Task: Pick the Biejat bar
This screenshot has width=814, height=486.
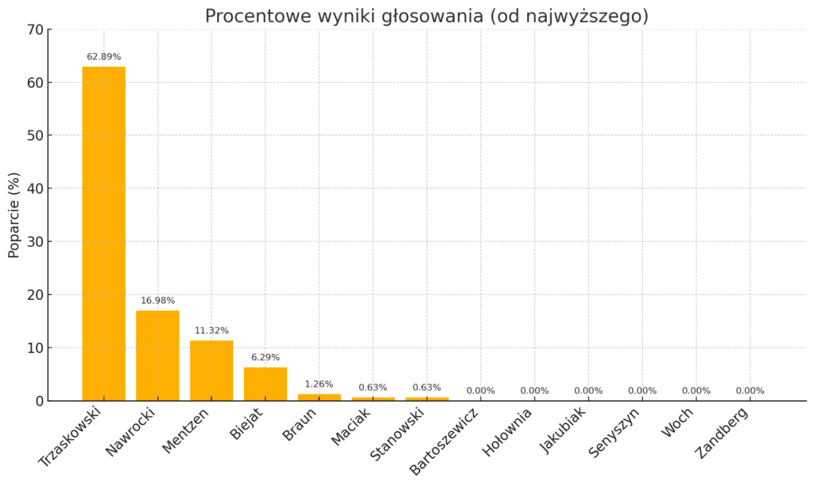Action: [x=266, y=384]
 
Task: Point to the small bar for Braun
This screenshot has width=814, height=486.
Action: [x=320, y=397]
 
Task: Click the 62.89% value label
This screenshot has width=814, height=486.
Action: [x=103, y=56]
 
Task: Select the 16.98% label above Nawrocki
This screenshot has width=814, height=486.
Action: [x=157, y=301]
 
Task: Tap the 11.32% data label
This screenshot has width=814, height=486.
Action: [x=211, y=331]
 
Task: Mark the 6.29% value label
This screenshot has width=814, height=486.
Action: [x=266, y=357]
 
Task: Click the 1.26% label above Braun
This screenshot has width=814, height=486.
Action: [x=320, y=384]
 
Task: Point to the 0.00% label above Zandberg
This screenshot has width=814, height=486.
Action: [x=750, y=391]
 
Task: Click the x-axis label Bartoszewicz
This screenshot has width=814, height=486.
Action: [x=444, y=441]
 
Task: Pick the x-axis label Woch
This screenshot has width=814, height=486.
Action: [x=677, y=422]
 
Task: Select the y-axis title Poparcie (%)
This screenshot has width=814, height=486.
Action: [x=14, y=215]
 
